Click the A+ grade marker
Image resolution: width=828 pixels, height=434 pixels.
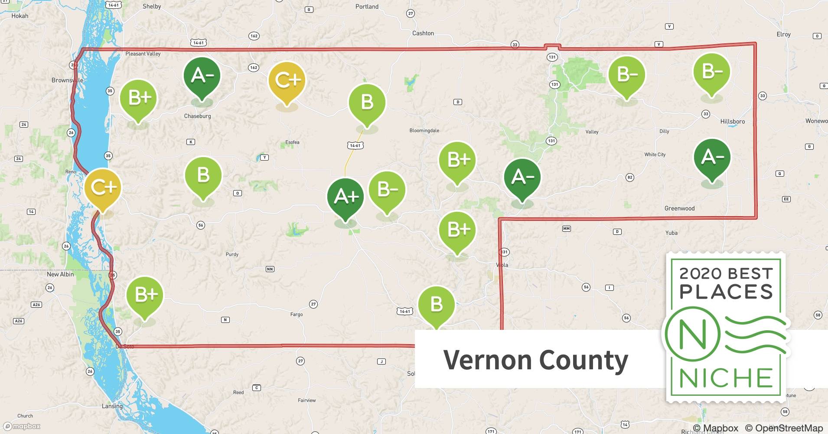[346, 197]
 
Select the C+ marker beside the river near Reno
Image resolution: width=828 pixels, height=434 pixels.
[103, 187]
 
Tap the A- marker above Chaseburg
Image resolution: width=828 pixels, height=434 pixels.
[202, 76]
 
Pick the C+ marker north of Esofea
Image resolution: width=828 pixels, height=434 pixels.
[287, 80]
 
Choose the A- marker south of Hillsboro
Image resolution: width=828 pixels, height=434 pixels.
[712, 158]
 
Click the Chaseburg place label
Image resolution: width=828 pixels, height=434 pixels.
[197, 116]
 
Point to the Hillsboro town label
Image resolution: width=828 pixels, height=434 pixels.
[732, 122]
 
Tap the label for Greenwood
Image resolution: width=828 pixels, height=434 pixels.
[679, 208]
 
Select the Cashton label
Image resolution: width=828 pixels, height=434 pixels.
[423, 33]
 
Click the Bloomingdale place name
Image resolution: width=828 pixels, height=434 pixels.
[424, 131]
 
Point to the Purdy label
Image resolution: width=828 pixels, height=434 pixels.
[232, 254]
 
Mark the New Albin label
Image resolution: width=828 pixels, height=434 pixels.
[60, 274]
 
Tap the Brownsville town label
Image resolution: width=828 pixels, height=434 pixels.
[67, 80]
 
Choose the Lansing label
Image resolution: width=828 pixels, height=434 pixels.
[112, 406]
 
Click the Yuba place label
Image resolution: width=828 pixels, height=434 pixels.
[671, 233]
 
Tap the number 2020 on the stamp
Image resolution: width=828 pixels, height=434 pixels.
[700, 273]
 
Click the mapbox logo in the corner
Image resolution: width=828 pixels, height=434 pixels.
[22, 426]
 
